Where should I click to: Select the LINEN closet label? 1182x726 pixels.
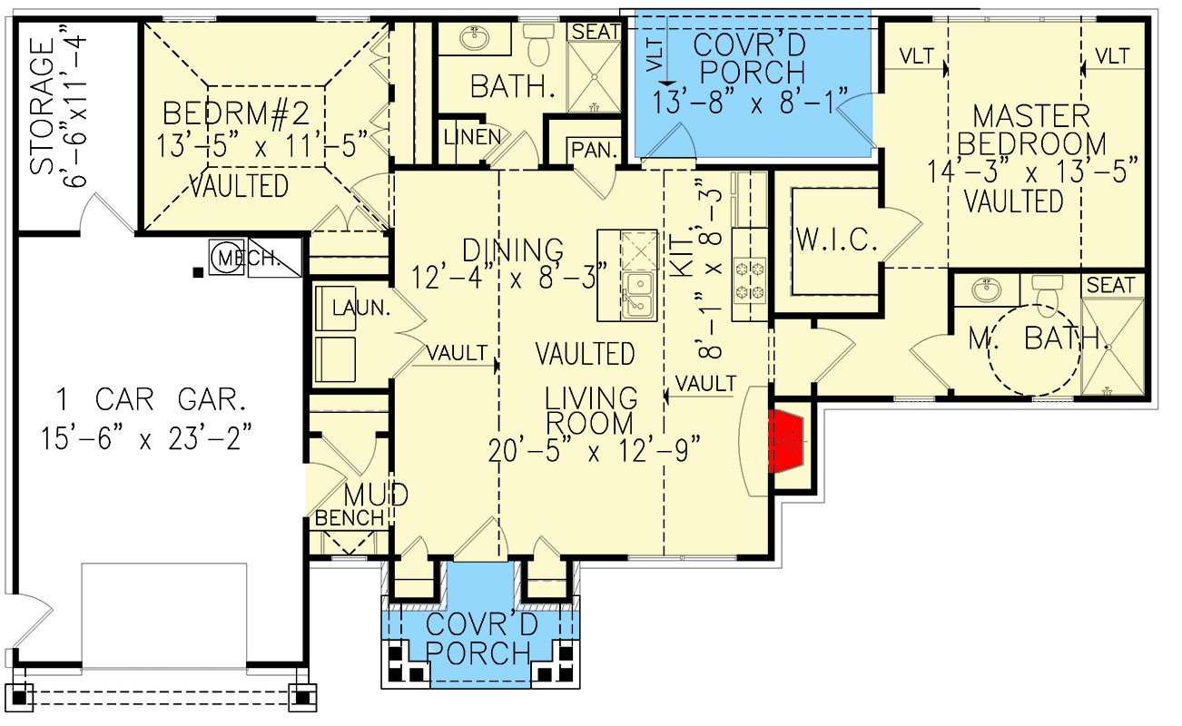(472, 137)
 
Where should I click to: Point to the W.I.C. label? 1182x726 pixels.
(836, 240)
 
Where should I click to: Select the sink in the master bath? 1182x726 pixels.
(984, 291)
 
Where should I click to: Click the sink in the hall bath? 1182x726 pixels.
(472, 38)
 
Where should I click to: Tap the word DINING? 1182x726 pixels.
(512, 249)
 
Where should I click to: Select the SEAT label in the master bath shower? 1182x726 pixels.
(1110, 285)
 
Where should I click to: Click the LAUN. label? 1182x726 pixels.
(360, 309)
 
